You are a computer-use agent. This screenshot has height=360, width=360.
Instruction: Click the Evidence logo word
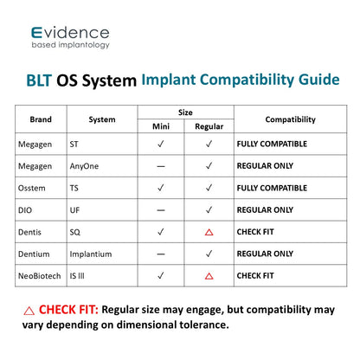click(70, 33)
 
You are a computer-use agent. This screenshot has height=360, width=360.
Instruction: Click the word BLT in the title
click(39, 80)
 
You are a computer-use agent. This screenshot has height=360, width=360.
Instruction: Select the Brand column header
click(41, 119)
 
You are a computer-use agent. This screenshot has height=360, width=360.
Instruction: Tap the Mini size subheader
click(161, 126)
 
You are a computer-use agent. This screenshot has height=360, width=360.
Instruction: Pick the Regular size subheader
click(209, 126)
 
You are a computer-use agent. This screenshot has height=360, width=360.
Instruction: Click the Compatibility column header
click(291, 119)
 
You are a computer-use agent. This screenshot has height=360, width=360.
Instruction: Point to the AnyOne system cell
click(84, 166)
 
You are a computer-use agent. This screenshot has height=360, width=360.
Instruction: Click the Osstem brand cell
click(32, 188)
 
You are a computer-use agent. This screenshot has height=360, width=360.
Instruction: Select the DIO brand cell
click(25, 210)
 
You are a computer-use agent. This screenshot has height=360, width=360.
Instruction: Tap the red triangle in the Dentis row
click(209, 232)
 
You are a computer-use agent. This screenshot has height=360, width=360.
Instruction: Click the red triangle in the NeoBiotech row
click(209, 276)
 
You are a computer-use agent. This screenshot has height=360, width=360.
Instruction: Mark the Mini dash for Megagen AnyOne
click(161, 166)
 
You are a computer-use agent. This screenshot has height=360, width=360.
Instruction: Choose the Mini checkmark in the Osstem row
click(161, 188)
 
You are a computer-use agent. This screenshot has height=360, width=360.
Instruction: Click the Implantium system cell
click(91, 254)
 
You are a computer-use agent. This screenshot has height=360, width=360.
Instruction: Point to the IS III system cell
click(77, 276)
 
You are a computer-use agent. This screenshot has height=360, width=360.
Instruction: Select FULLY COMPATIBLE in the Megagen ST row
click(272, 144)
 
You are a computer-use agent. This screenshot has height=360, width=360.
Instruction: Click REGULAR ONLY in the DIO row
click(265, 210)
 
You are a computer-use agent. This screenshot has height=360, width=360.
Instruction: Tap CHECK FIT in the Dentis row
click(255, 232)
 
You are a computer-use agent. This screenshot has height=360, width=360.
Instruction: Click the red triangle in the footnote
click(29, 311)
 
